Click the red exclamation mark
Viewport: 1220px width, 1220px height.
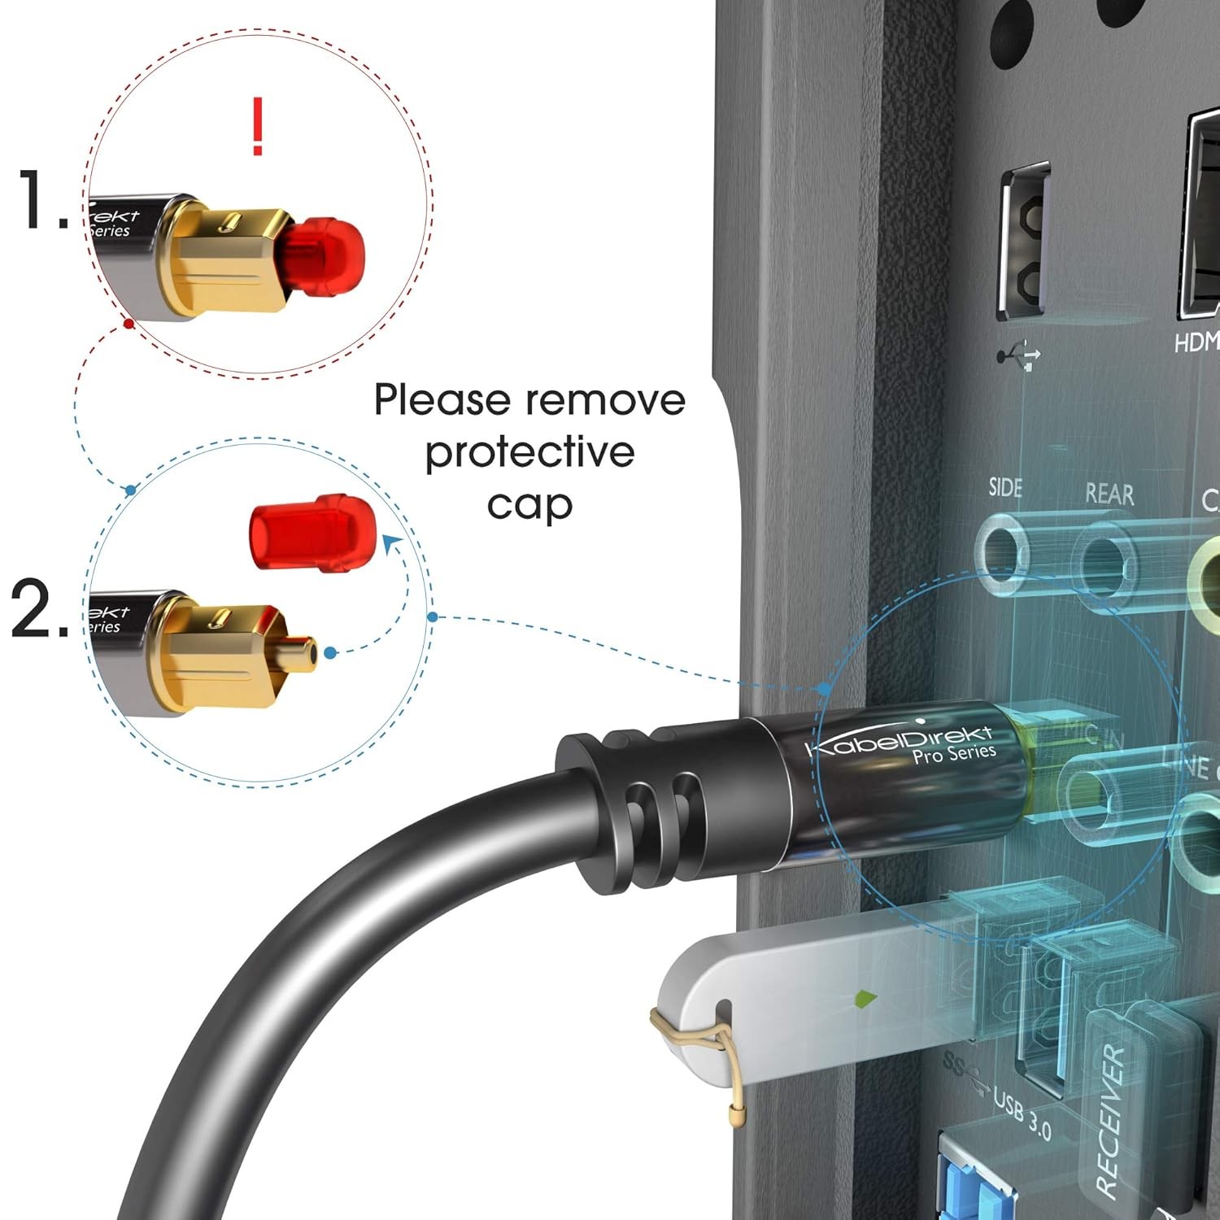pos(258,126)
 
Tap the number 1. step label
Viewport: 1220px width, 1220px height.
pos(42,200)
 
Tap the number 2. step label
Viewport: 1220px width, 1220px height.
pos(39,608)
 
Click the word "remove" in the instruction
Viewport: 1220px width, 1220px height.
pos(605,400)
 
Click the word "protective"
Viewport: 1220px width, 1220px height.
pos(529,453)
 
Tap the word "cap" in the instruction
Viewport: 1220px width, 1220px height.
pos(529,505)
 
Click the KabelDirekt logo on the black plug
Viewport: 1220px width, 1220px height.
pos(899,741)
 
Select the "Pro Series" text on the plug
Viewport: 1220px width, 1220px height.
pos(953,755)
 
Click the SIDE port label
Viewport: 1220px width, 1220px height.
pos(1005,487)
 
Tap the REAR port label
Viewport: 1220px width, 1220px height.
pos(1109,494)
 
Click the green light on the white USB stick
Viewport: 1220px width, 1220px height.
pos(865,997)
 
